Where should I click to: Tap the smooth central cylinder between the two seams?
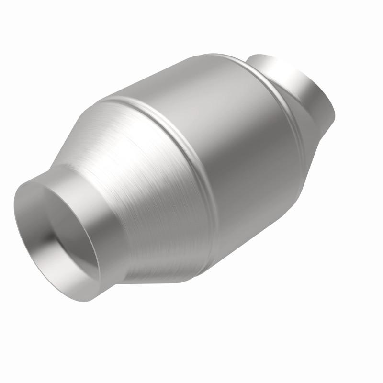(244, 144)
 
